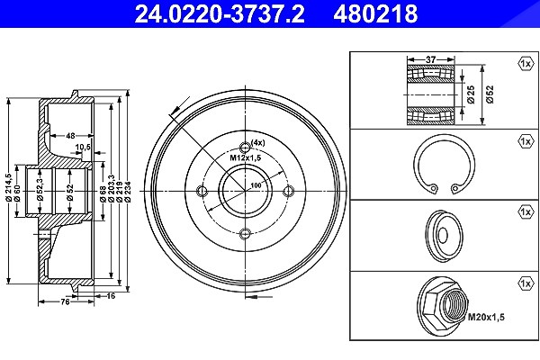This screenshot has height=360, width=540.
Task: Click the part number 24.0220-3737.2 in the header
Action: [x=220, y=13]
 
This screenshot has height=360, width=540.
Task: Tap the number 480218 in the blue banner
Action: [x=375, y=13]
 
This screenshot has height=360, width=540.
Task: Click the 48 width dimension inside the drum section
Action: [x=70, y=136]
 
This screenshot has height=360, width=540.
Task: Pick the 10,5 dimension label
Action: [x=83, y=147]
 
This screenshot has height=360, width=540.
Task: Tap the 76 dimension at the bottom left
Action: [x=65, y=302]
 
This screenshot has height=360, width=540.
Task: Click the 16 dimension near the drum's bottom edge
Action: [x=111, y=295]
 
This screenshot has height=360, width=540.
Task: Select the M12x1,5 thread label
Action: [x=246, y=158]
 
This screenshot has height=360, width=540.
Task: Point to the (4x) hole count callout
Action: [x=258, y=142]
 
